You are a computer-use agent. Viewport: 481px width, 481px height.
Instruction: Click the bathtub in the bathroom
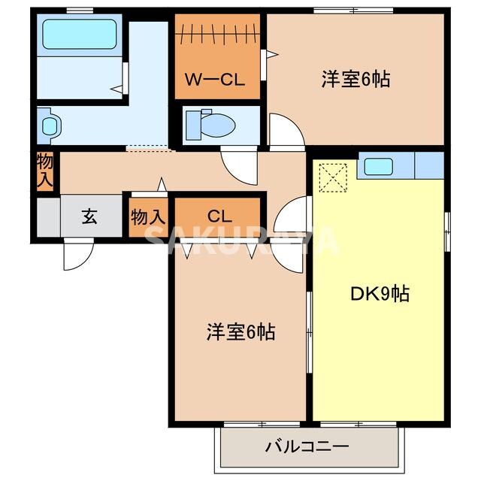pos(78,34)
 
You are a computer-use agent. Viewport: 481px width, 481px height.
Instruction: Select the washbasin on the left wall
pos(49,124)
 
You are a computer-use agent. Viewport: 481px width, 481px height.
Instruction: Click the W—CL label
pos(216,80)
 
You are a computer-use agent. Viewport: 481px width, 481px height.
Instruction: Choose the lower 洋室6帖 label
pos(240,331)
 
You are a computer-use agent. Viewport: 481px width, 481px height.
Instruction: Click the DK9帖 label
pos(380,294)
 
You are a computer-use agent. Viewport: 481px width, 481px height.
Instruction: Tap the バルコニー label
pos(307,446)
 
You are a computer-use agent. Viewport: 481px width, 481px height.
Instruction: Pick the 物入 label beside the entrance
pos(147,216)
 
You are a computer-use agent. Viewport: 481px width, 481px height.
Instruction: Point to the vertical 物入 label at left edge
pos(44,171)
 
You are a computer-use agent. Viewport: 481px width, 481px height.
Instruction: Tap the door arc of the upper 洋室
pos(286,132)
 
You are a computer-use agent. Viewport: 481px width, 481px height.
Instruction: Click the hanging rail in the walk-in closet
pos(218,34)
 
